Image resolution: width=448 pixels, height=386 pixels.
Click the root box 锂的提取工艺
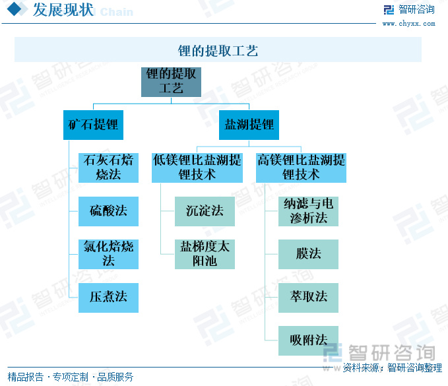(x=171, y=81)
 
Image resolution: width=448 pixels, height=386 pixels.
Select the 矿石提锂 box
(x=93, y=124)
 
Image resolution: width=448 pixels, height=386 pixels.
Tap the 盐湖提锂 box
(x=249, y=124)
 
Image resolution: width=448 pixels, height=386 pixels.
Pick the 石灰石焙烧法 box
(x=108, y=168)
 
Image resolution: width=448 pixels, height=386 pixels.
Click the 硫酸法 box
(x=108, y=211)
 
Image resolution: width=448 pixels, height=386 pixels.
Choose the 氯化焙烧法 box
(x=108, y=254)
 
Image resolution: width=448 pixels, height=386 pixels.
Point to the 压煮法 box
(x=108, y=297)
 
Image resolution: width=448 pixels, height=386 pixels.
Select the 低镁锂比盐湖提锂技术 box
(x=197, y=168)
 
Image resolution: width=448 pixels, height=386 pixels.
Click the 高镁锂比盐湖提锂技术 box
(x=301, y=168)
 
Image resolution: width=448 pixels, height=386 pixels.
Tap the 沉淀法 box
(x=205, y=211)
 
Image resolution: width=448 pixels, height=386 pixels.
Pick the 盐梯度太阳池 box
(x=205, y=254)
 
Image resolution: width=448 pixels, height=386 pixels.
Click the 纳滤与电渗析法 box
(x=308, y=211)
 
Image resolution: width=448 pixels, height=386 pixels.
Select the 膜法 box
(x=308, y=254)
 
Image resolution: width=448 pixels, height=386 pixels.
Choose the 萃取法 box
(x=308, y=297)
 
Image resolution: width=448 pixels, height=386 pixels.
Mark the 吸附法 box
(x=308, y=340)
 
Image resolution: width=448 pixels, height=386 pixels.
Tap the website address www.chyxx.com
(x=408, y=24)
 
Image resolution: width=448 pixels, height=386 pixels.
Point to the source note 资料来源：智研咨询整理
(x=392, y=368)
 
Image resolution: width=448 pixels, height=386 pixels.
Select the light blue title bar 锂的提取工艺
(x=218, y=50)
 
